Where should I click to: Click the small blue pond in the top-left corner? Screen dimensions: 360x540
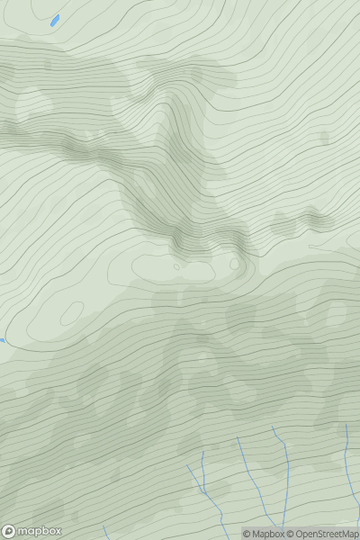(x=55, y=19)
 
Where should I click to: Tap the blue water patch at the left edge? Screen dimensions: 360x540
(x=2, y=340)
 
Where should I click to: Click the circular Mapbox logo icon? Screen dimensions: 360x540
(x=9, y=531)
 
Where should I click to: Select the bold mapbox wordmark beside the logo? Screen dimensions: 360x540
(x=39, y=531)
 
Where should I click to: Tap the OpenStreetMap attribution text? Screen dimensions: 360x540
(x=326, y=534)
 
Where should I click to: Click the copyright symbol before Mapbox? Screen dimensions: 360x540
(x=247, y=534)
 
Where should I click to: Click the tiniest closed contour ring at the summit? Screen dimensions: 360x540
(x=176, y=266)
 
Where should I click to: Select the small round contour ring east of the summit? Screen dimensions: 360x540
(x=235, y=264)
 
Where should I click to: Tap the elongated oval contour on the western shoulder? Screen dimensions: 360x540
(x=69, y=311)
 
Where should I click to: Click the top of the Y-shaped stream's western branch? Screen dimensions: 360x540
(x=188, y=466)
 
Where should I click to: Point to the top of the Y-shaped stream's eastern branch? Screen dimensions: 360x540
(x=203, y=452)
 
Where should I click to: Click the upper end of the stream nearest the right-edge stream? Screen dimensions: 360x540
(x=273, y=428)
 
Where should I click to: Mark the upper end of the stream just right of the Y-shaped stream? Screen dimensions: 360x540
(x=238, y=438)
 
